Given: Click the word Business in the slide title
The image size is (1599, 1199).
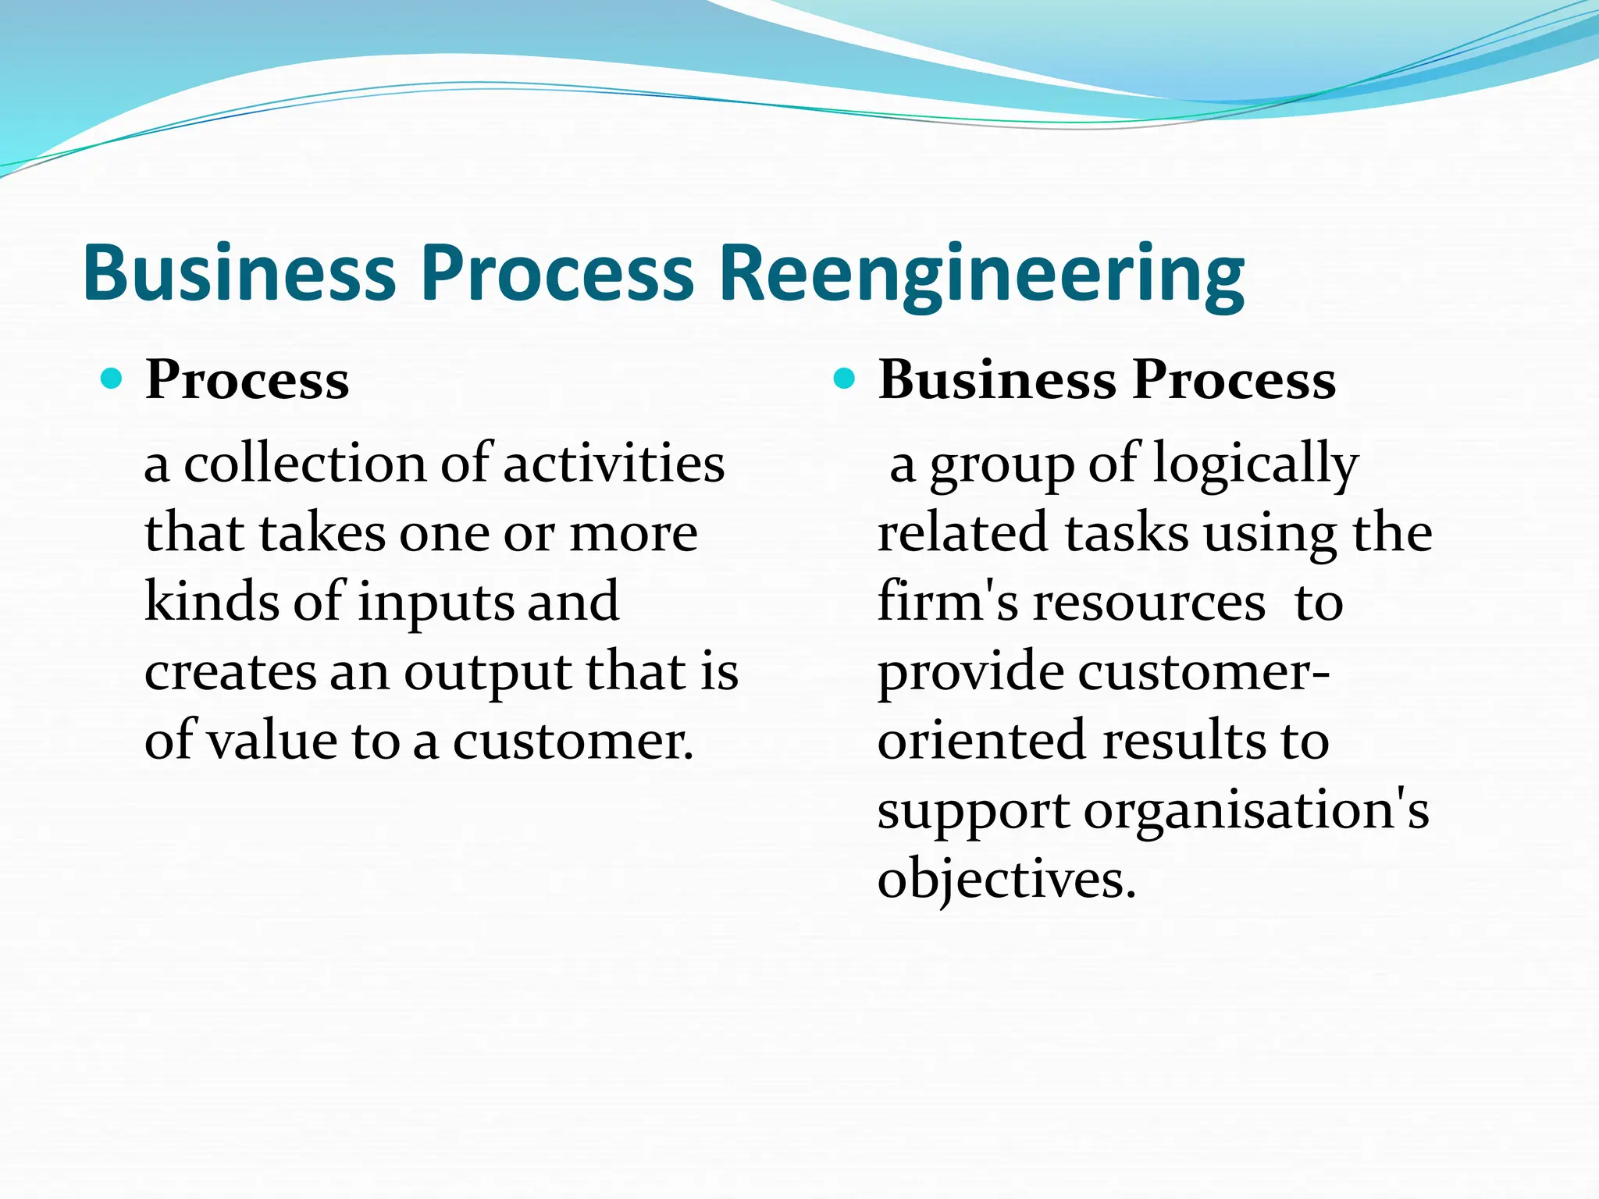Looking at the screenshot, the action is coord(239,273).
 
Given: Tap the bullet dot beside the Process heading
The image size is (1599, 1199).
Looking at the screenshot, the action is coord(112,379).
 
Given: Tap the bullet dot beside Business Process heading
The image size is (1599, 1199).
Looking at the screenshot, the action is coord(844,379).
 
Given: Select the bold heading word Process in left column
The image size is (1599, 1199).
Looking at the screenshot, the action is coord(247,381).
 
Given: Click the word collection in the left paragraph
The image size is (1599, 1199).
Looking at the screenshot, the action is coord(304,464).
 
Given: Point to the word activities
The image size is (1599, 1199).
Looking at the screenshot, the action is coord(614,464).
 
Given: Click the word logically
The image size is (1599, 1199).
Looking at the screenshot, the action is coord(1255,465).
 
